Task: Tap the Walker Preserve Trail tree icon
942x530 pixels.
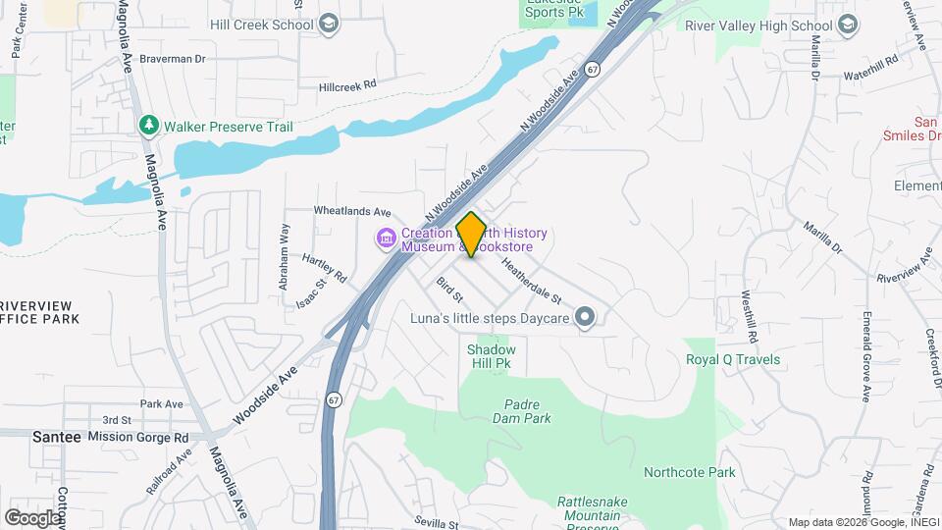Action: (148, 126)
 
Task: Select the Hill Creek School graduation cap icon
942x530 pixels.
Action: (329, 24)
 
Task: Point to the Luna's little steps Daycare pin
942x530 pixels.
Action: (585, 316)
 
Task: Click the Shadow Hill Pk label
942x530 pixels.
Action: (491, 356)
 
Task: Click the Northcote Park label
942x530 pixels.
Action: (689, 472)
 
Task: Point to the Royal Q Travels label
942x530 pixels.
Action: (732, 359)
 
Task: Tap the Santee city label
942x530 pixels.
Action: (57, 436)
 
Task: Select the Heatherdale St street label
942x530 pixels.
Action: (530, 279)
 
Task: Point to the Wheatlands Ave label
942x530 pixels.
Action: (352, 211)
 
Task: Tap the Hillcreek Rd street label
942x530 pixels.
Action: (348, 86)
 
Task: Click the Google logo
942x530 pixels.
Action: (32, 517)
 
